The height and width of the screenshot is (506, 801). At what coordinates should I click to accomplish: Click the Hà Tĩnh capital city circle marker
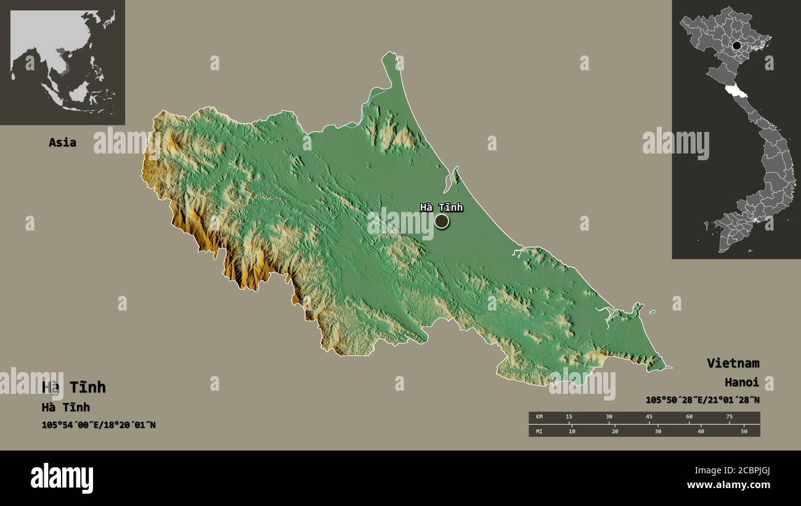point(442,221)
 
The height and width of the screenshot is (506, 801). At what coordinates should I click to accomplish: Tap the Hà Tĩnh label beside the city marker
point(441,208)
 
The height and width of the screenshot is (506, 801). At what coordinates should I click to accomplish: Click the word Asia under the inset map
point(62,142)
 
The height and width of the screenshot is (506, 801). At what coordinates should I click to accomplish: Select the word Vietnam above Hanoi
point(733,363)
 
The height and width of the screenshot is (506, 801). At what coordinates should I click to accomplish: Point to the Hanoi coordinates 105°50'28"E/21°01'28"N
point(702,400)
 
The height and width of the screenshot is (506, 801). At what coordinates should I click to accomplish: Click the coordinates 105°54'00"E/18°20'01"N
point(99,425)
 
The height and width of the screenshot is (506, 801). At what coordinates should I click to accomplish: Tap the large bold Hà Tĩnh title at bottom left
point(74,387)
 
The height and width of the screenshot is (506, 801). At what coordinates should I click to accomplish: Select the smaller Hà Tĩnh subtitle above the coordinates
point(65,407)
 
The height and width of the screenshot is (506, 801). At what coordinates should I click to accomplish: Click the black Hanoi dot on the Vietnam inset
point(736,45)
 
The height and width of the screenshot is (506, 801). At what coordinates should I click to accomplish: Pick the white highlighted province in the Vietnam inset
point(736,92)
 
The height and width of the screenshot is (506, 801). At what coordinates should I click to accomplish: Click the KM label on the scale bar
point(540,417)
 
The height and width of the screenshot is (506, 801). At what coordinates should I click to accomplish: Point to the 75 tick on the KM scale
point(729,417)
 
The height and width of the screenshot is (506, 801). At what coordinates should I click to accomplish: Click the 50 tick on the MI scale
point(744,431)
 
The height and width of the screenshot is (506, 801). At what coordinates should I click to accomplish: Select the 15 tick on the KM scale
point(569,417)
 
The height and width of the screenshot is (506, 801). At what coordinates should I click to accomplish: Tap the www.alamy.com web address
point(728,485)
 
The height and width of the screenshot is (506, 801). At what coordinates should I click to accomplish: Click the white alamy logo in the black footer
point(62,478)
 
